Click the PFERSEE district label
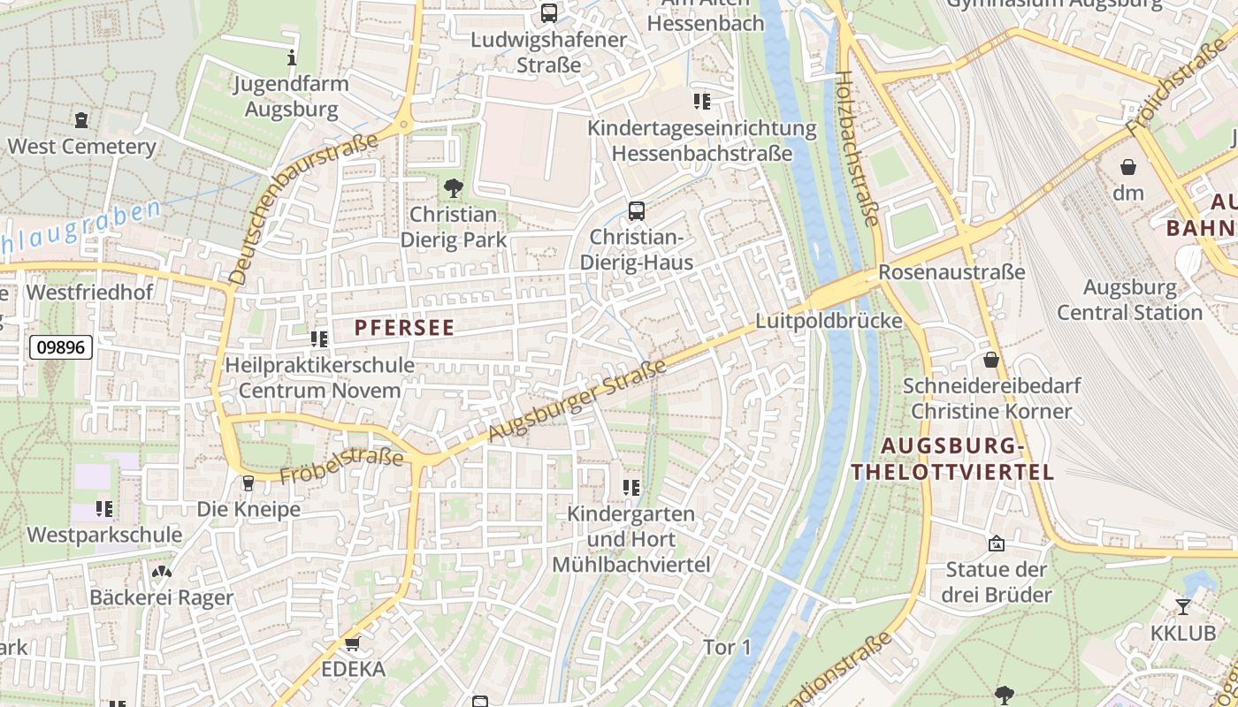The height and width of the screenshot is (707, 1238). (x=404, y=328)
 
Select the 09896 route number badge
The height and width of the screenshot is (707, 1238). (x=61, y=347)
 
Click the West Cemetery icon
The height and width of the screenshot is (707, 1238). (x=82, y=119)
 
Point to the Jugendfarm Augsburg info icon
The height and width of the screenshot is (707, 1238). (x=292, y=58)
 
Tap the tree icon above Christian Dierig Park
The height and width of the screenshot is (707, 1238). (x=453, y=187)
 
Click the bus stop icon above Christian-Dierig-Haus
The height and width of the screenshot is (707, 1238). (x=636, y=210)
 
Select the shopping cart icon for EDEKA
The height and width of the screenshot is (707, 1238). (x=353, y=643)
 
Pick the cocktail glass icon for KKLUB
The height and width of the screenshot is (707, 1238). (x=1182, y=606)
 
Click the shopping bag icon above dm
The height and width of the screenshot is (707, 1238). (x=1128, y=166)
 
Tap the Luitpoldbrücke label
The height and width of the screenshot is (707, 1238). (x=829, y=321)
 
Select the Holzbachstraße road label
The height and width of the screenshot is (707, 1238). (x=856, y=148)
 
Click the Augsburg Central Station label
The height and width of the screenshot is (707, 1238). (x=1129, y=300)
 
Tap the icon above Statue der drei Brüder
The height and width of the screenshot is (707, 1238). (x=997, y=543)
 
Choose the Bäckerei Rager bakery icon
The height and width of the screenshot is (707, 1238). (x=161, y=572)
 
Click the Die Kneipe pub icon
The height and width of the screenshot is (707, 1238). (x=248, y=483)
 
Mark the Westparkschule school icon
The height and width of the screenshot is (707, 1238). (x=104, y=508)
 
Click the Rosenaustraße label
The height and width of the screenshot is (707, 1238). (x=951, y=272)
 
